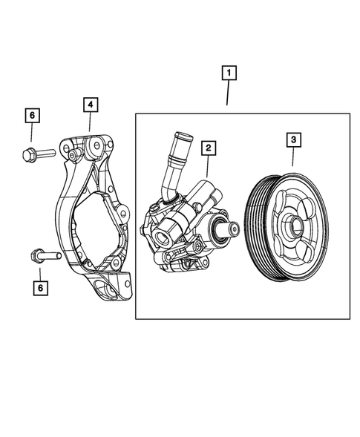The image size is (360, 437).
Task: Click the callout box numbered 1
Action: pyautogui.click(x=229, y=73)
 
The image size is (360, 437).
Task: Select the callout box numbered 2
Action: pyautogui.click(x=209, y=148)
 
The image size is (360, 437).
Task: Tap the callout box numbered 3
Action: pyautogui.click(x=293, y=139)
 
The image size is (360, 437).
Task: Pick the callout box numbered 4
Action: pyautogui.click(x=88, y=105)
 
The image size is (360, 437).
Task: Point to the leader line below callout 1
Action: pyautogui.click(x=229, y=96)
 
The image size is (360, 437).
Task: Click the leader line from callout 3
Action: pyautogui.click(x=293, y=157)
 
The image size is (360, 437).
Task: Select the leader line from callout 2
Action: pyautogui.click(x=209, y=167)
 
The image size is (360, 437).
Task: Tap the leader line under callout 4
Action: pyautogui.click(x=88, y=122)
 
